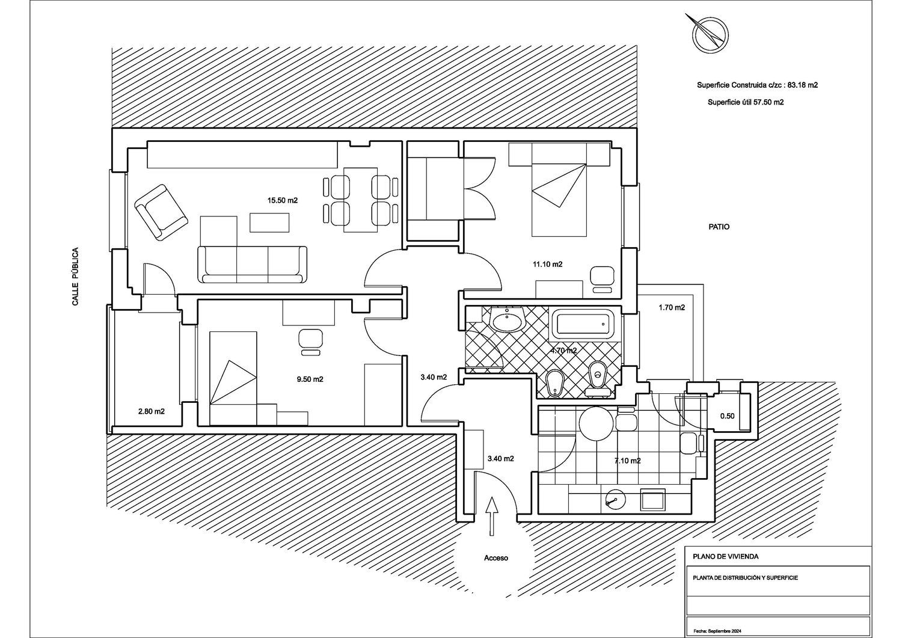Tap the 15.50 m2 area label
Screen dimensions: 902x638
pos(283,200)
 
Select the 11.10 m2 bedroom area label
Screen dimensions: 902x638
pos(548,264)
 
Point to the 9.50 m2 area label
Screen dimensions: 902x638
pos(310,379)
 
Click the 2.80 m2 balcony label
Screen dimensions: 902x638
pos(152,411)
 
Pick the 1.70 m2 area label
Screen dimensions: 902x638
pos(672,308)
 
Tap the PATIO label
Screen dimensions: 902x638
pos(719,227)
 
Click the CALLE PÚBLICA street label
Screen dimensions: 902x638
pos(75,276)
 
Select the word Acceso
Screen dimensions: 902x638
pos(496,558)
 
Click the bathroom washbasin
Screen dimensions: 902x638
pos(508,321)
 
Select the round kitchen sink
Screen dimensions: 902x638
pos(616,502)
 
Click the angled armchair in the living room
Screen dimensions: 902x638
pos(161,212)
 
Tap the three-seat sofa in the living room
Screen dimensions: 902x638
pos(253,265)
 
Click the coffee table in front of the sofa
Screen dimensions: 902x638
pos(269,222)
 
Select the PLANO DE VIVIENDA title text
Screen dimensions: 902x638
pos(726,556)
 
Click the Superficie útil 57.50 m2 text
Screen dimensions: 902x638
pos(746,102)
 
